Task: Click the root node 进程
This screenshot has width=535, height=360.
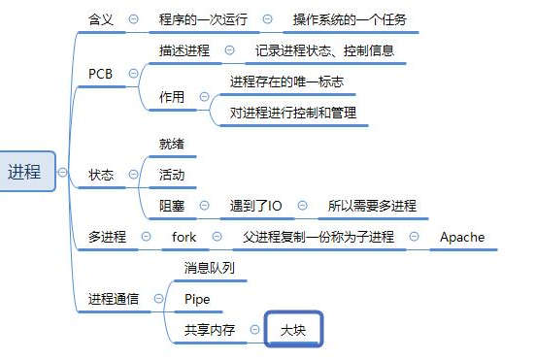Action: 24,172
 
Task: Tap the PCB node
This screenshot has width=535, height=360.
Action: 100,74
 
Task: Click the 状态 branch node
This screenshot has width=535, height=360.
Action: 101,176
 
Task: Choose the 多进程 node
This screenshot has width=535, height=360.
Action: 107,237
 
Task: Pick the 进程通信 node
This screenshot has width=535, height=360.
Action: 113,299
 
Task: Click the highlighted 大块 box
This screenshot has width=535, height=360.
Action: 293,330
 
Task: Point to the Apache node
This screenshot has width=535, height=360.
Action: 461,237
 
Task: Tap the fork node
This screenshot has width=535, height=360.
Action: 184,237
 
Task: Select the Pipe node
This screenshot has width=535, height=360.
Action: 197,299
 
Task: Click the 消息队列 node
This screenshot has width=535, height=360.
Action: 210,268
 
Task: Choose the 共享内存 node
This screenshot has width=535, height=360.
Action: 209,330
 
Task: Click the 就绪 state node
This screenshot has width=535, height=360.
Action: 172,144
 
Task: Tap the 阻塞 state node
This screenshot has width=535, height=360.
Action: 172,206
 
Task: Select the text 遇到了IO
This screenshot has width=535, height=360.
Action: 255,206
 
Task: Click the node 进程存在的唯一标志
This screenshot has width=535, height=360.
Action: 286,82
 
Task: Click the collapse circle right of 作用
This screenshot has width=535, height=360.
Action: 203,97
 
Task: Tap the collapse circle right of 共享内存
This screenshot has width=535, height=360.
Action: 253,330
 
